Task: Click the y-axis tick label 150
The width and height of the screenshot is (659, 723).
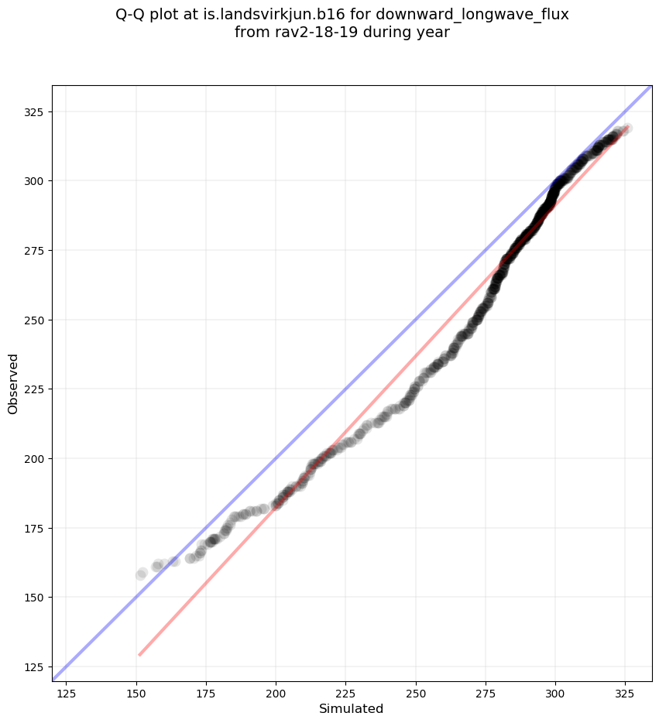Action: (34, 597)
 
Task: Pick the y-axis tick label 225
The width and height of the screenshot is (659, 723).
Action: (34, 389)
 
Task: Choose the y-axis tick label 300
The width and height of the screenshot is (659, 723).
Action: (34, 181)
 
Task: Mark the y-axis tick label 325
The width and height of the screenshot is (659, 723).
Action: (34, 112)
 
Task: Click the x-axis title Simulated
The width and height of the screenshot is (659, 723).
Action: (352, 708)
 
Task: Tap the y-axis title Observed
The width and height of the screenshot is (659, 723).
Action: (13, 383)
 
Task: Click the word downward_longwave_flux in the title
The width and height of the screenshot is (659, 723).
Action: (485, 15)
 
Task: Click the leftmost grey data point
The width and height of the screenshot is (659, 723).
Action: (141, 574)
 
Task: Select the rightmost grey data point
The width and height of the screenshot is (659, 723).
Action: (626, 128)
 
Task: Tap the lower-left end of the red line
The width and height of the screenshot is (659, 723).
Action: (139, 655)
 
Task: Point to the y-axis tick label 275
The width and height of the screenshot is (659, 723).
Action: (34, 251)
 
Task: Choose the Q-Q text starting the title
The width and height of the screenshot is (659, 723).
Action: (132, 15)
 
